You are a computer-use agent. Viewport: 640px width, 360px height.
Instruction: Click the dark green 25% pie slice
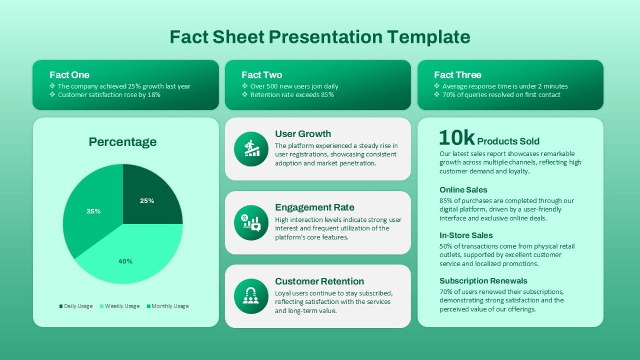(149, 197)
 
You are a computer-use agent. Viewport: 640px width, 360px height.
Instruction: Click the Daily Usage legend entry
(76, 306)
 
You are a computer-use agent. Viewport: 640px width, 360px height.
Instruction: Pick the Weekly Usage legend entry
(119, 306)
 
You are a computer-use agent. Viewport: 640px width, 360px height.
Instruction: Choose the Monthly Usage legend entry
(167, 306)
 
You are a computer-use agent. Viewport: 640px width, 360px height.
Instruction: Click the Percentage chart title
(123, 142)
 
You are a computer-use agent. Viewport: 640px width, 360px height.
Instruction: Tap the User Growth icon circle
(251, 149)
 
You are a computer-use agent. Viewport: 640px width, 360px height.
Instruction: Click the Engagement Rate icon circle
(251, 222)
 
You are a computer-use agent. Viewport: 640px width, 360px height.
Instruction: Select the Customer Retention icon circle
(251, 297)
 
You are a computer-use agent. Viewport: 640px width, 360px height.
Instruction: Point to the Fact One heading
(69, 75)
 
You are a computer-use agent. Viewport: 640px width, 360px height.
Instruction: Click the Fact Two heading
(262, 75)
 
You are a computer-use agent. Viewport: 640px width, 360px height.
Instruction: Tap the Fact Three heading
(458, 75)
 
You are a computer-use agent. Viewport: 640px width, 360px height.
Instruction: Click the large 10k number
(457, 138)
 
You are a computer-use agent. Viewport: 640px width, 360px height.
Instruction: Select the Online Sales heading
(463, 190)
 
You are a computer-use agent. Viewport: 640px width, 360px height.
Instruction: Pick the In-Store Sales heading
(466, 235)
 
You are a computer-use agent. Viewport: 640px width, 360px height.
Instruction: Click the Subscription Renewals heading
(483, 281)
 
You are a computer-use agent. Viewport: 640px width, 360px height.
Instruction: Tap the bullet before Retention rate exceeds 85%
(245, 94)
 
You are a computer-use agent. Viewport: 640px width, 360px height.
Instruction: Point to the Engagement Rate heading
(315, 207)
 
